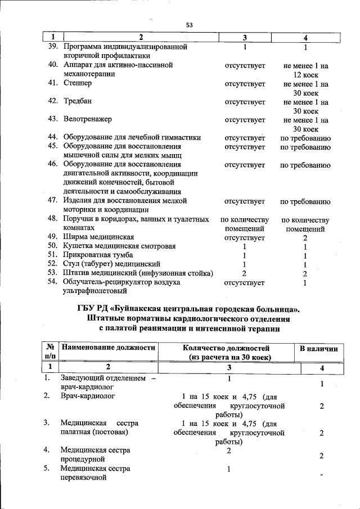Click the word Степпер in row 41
77,83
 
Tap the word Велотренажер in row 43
87,119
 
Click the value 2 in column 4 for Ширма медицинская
305,238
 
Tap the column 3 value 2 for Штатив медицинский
244,273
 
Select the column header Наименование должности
108,349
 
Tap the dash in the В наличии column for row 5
321,476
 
